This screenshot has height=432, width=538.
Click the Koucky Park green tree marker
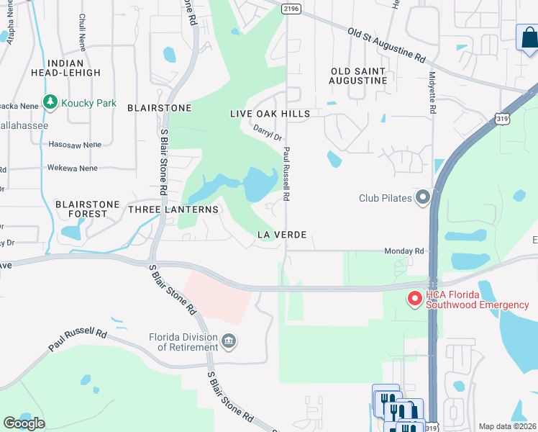tap(50, 102)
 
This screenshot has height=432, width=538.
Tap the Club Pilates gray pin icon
tap(423, 197)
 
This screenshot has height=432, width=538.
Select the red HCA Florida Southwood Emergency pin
tap(415, 299)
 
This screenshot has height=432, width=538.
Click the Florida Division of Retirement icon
tap(229, 341)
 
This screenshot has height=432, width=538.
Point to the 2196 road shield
tap(291, 8)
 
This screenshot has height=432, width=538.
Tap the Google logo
tap(24, 423)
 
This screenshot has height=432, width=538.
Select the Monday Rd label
tap(404, 251)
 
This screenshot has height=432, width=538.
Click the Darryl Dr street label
tap(267, 132)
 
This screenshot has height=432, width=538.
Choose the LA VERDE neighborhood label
tap(283, 235)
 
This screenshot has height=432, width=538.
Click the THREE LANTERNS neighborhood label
tap(173, 209)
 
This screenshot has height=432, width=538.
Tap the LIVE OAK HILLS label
tap(270, 114)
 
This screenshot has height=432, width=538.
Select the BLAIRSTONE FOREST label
tap(87, 209)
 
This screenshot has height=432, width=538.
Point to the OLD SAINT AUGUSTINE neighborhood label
tap(359, 76)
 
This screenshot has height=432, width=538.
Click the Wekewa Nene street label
tap(73, 168)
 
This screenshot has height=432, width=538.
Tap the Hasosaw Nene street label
tap(75, 144)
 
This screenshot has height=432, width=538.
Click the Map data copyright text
tap(508, 426)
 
